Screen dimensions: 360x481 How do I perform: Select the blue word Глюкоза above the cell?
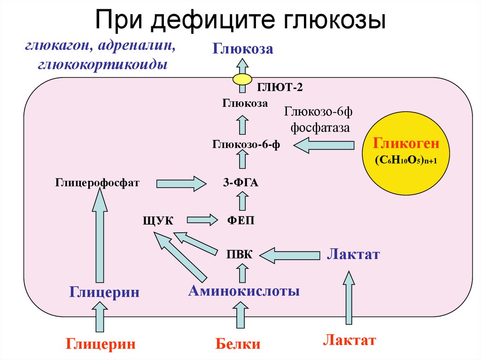tap(242, 48)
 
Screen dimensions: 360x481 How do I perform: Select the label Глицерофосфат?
tap(97, 182)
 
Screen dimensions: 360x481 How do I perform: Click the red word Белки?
tap(238, 344)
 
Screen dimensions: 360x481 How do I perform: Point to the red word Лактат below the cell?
tap(349, 340)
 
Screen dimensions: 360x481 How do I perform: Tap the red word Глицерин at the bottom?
tap(101, 344)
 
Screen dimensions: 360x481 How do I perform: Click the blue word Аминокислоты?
tap(244, 291)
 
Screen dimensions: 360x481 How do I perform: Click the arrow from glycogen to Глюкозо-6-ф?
tap(324, 145)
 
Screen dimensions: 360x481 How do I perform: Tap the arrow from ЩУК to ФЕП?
tap(202, 219)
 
